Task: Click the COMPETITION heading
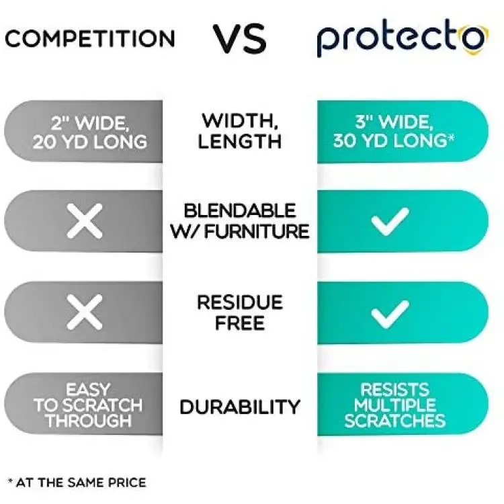coord(89,38)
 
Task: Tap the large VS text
coord(239,38)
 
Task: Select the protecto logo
coord(402,40)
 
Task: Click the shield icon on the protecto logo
coord(476,40)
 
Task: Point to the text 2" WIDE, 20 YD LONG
coord(89,132)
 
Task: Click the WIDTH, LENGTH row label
coord(239,131)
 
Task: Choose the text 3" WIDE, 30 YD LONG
coord(394,131)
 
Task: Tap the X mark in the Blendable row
coord(85,221)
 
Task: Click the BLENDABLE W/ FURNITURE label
coord(239,221)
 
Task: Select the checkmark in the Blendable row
coord(390,222)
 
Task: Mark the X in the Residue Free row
coord(85,312)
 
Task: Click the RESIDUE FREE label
coord(240,312)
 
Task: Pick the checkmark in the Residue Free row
coord(390,314)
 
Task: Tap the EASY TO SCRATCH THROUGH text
coord(88,405)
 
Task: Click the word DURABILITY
coord(240,407)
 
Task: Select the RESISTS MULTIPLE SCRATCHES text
coord(395,405)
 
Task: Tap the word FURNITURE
coord(257,231)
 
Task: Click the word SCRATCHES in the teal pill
coord(395,421)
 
